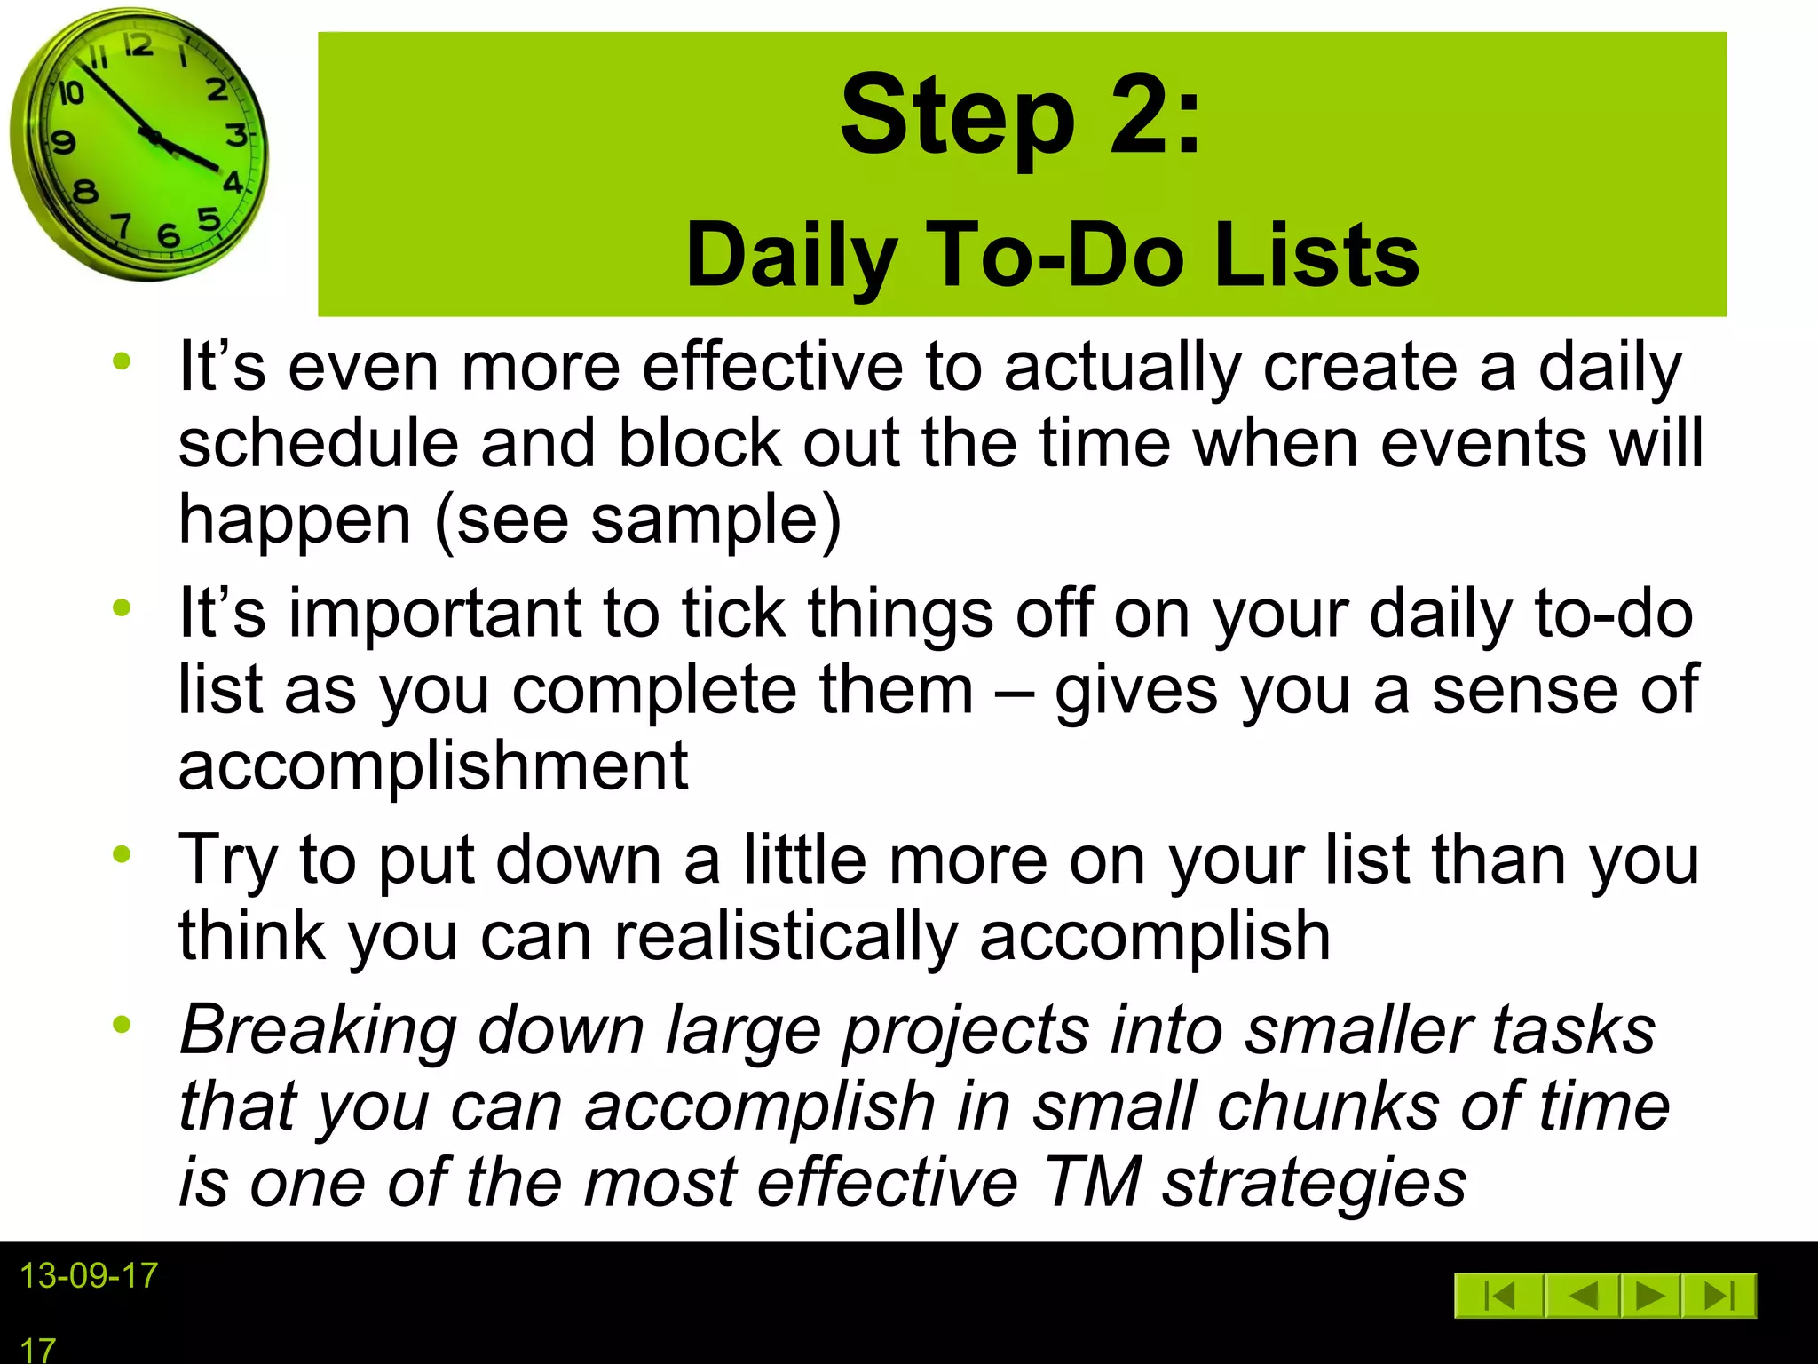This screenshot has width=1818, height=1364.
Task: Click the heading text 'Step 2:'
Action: pos(1021,115)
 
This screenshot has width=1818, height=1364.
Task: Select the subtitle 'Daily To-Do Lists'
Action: pos(1052,256)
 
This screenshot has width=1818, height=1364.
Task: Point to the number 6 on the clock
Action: pos(168,236)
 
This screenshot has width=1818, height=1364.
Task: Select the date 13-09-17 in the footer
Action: pos(89,1276)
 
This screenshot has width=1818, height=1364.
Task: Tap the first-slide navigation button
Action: pos(1499,1297)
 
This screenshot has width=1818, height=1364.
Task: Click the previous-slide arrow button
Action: pos(1583,1297)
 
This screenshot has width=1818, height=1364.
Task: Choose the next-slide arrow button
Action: pos(1649,1297)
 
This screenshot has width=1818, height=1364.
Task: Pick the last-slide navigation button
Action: pos(1719,1297)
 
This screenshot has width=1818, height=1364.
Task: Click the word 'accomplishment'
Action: pos(433,765)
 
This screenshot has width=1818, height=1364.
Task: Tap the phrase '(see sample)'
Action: pos(637,519)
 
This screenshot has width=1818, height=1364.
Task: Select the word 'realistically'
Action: pos(786,936)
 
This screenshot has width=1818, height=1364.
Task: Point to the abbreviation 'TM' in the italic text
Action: pos(1091,1182)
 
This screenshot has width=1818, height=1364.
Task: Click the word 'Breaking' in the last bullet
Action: pos(318,1030)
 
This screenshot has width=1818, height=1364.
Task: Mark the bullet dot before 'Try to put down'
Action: pos(122,854)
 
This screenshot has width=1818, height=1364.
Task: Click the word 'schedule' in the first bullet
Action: pos(318,442)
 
